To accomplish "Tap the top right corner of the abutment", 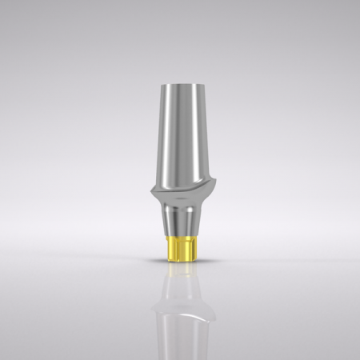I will [x=198, y=84].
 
